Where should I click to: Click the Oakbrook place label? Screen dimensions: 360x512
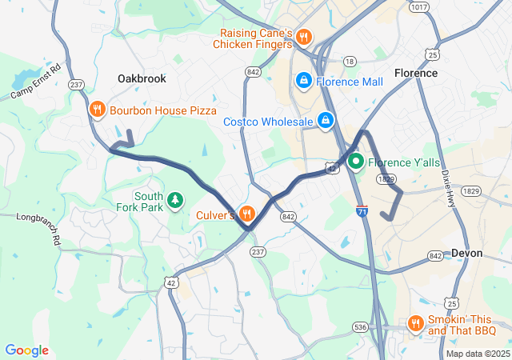pos(141,78)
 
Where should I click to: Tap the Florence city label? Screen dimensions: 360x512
pos(416,73)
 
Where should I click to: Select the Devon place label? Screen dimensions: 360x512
pos(466,253)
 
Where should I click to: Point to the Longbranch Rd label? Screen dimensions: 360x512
pos(38,217)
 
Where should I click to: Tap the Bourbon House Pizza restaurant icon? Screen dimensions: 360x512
pos(98,110)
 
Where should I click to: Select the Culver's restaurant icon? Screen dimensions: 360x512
pos(246,214)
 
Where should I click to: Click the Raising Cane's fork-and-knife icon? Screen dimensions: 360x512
pos(303,37)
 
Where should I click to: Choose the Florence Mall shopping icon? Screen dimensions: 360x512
pos(304,81)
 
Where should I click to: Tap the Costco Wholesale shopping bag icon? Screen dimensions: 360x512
pos(326,121)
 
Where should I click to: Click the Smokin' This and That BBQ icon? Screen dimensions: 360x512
pos(415,323)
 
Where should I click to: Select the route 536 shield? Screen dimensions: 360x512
pos(360,326)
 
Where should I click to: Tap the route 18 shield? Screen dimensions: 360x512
pos(349,61)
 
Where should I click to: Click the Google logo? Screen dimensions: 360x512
pos(26,350)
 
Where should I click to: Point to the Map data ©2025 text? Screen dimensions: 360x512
pos(478,354)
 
